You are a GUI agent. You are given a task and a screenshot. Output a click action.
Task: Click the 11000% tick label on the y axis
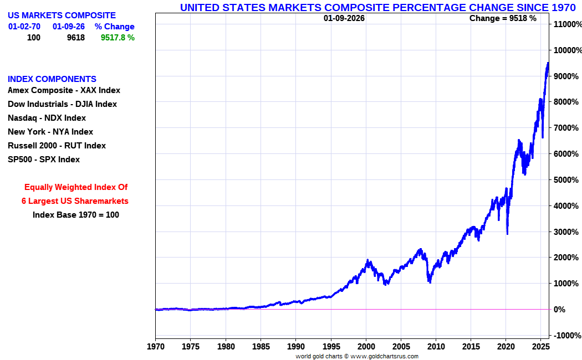tap(567, 24)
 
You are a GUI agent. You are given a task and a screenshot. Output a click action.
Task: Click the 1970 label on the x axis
tap(155, 346)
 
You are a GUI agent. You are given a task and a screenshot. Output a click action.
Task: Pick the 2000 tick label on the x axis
tap(366, 346)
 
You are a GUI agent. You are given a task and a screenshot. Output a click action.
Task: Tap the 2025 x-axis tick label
tap(541, 346)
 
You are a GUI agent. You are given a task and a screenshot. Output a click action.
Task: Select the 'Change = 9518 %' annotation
tap(503, 18)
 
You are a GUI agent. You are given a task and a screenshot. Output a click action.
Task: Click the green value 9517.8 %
tap(118, 38)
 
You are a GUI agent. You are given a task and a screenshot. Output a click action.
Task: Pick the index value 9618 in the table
tap(75, 38)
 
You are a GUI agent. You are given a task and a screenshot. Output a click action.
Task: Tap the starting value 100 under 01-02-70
tap(34, 38)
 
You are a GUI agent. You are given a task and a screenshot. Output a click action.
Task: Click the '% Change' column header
tap(114, 27)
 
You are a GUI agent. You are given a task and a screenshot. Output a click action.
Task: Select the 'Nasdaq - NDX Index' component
tap(47, 118)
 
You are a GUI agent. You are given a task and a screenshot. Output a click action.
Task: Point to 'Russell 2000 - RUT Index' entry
tap(57, 146)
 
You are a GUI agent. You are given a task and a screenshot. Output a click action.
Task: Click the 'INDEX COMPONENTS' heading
tap(52, 79)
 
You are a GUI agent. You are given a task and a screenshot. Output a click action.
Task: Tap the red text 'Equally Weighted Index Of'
tap(76, 187)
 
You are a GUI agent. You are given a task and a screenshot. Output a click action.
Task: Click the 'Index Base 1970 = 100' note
tap(76, 215)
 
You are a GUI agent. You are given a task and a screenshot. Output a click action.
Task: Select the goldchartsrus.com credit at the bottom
tap(357, 356)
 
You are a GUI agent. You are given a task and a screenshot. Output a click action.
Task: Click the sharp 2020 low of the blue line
tap(507, 234)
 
